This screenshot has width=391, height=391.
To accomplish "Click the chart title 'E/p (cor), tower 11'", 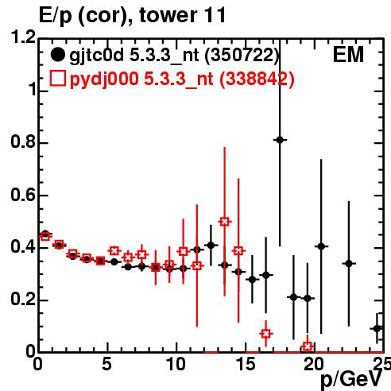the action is pyautogui.click(x=132, y=15).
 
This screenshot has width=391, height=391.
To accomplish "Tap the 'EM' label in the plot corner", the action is pyautogui.click(x=348, y=55).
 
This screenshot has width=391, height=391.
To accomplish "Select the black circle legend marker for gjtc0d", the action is pyautogui.click(x=57, y=55).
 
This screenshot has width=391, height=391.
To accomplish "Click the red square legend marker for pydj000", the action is pyautogui.click(x=57, y=79).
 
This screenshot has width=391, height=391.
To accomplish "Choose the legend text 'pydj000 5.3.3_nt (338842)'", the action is pyautogui.click(x=182, y=79).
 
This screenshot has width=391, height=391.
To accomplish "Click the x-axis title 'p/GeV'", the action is pyautogui.click(x=351, y=379).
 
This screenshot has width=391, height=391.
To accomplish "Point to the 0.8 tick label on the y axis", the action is pyautogui.click(x=23, y=141).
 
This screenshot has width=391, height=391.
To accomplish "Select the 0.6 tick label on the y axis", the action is pyautogui.click(x=23, y=195).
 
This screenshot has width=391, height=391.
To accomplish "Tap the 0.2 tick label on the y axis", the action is pyautogui.click(x=23, y=300).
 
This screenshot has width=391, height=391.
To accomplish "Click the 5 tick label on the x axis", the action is pyautogui.click(x=106, y=364).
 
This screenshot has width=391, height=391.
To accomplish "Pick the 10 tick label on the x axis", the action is pyautogui.click(x=176, y=364).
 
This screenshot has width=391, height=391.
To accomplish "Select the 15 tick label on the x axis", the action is pyautogui.click(x=246, y=364).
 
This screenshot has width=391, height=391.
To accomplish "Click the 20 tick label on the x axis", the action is pyautogui.click(x=314, y=364).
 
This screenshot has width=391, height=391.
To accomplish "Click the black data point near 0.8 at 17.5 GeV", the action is pyautogui.click(x=280, y=140).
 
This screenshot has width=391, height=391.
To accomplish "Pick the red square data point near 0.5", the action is pyautogui.click(x=224, y=222).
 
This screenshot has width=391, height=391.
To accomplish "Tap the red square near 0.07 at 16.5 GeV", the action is pyautogui.click(x=266, y=334).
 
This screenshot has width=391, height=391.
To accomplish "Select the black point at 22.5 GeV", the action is pyautogui.click(x=349, y=264).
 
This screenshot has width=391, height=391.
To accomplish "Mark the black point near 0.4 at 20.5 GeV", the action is pyautogui.click(x=321, y=246).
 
